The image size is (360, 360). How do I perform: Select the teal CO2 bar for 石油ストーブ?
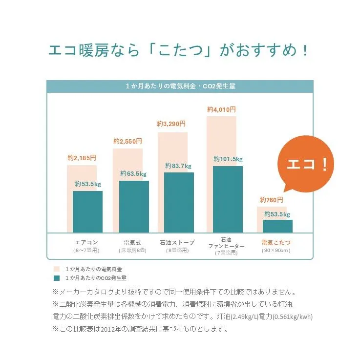179,202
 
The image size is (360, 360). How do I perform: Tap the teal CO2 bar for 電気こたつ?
277,226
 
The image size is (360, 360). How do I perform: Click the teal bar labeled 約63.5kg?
134,206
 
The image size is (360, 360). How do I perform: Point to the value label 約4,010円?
221,109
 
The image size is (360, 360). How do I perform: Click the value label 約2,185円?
82,158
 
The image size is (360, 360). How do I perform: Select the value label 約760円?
272,200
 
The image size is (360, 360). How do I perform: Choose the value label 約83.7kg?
179,166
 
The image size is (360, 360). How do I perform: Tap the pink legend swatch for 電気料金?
57,269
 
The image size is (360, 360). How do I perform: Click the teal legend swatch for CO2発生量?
57,277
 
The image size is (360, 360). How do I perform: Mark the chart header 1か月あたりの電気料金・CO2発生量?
180,86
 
